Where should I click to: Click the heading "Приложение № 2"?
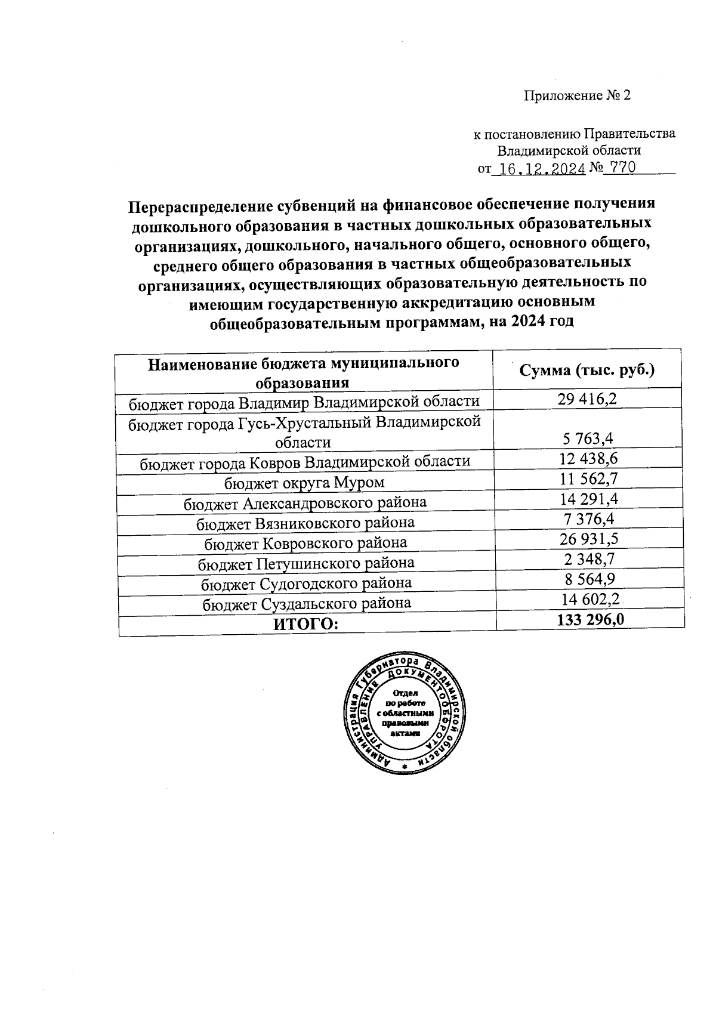pos(576,95)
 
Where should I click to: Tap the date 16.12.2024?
pos(541,169)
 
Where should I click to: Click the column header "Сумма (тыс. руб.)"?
pos(587,370)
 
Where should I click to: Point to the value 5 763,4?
pos(588,439)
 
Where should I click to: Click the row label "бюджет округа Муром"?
pos(304,482)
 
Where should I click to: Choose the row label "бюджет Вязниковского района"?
pos(305,523)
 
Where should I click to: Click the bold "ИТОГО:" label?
pos(305,625)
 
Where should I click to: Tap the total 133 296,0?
pos(590,620)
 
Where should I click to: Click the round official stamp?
pos(405,712)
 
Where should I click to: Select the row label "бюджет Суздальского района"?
pos(307,604)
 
